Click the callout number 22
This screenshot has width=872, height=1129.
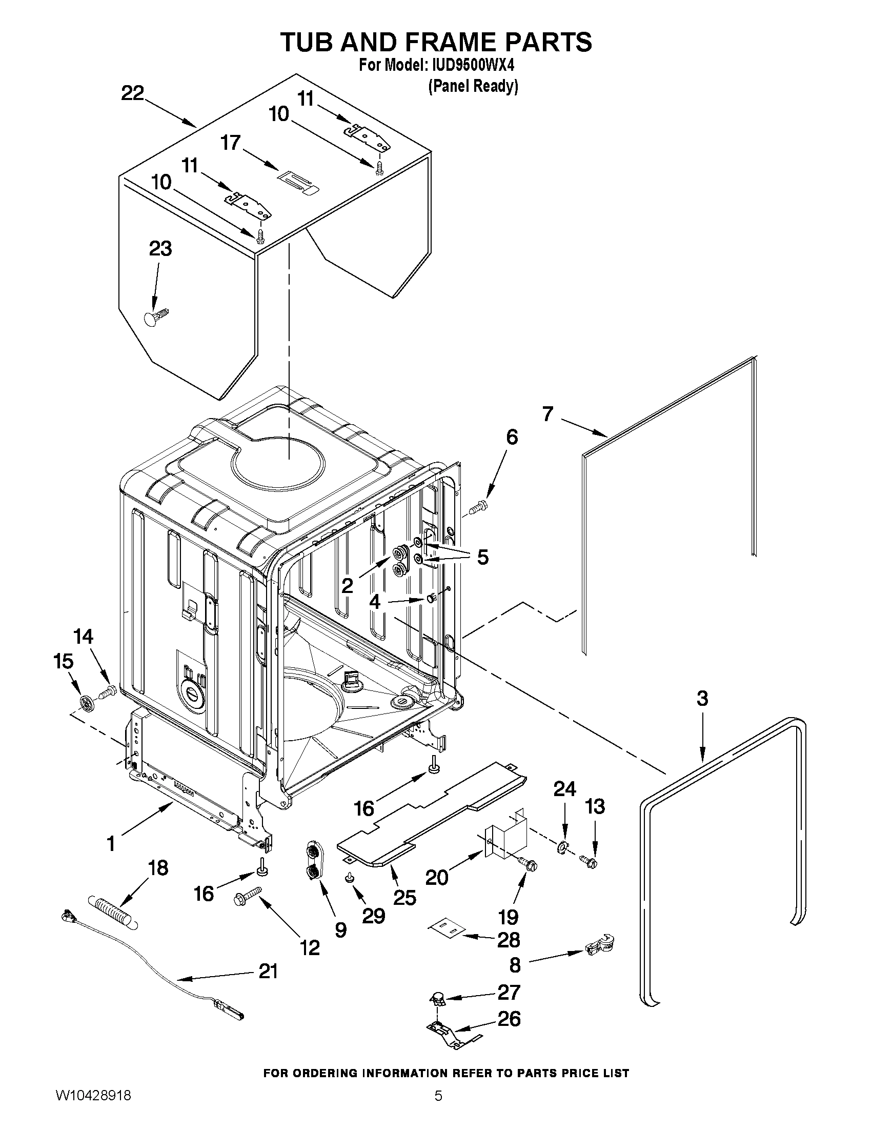point(132,93)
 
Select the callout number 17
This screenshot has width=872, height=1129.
point(230,142)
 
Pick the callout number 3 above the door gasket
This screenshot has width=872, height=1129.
point(702,698)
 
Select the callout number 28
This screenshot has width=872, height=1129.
point(508,940)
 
